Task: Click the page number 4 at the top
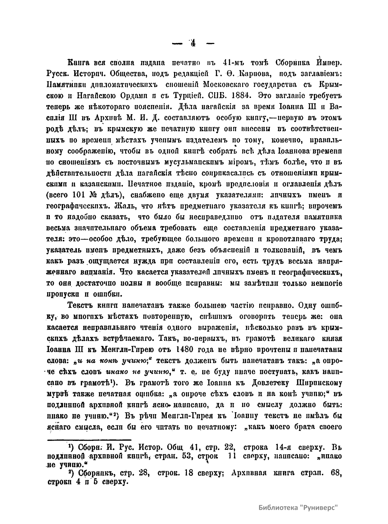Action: [x=193, y=44]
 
